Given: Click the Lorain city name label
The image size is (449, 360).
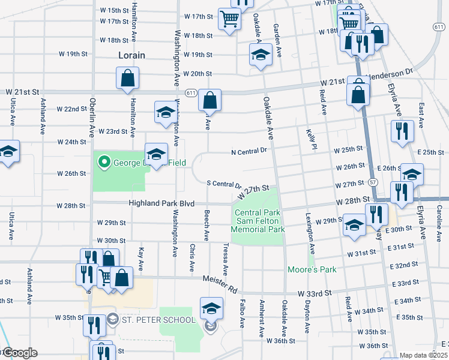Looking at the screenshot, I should [x=128, y=55].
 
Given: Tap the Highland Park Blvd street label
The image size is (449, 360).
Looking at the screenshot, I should [x=161, y=204].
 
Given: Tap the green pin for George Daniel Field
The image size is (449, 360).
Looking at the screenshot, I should [x=104, y=161].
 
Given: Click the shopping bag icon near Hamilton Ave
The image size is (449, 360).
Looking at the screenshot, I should [x=127, y=77].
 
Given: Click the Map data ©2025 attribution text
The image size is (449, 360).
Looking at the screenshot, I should [x=424, y=355].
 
